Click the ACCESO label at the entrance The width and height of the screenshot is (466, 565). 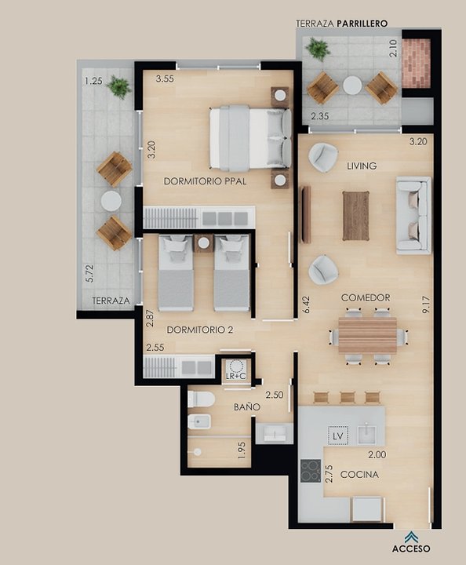(x=411, y=549)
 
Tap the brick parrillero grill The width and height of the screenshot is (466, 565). (x=417, y=64)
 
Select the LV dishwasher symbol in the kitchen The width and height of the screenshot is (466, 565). (x=338, y=436)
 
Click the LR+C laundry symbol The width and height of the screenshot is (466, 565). (x=236, y=370)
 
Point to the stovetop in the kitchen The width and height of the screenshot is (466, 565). (x=311, y=471)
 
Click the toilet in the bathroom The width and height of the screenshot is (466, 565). (x=201, y=399)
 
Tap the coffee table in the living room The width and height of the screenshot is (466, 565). (x=356, y=216)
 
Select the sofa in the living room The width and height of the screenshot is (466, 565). (x=413, y=216)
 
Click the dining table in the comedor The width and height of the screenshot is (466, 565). (x=367, y=336)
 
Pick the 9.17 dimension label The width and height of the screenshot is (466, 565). (x=427, y=305)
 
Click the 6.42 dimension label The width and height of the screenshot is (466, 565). (x=307, y=305)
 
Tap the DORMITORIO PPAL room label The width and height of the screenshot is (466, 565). (x=206, y=181)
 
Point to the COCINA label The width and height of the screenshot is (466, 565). (x=359, y=475)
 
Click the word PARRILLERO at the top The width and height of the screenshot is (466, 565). (x=362, y=24)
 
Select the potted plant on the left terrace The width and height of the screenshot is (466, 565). (x=118, y=86)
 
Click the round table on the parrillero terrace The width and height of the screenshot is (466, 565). (x=352, y=86)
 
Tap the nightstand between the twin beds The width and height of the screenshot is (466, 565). (x=203, y=243)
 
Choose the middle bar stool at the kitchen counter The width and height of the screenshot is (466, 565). (x=348, y=397)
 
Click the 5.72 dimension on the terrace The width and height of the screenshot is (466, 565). (x=89, y=274)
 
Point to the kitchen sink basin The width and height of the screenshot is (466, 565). (x=366, y=433)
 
